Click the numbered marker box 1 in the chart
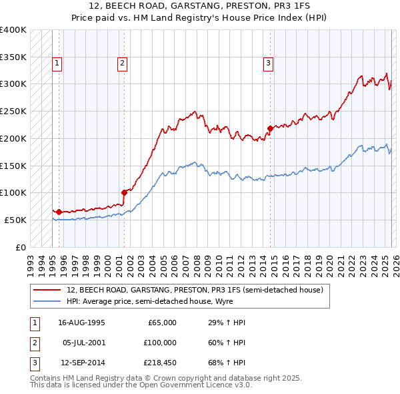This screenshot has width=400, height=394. (x=57, y=63)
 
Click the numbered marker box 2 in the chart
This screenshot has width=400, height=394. (x=123, y=63)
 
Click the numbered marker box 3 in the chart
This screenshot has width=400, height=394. (x=268, y=63)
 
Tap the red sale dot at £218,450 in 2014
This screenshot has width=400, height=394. (x=270, y=128)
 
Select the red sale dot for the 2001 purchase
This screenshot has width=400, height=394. (x=124, y=192)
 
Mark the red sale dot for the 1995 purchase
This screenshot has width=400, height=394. (x=59, y=212)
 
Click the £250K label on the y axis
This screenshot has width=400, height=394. (x=13, y=112)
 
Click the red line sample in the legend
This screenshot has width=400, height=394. (x=47, y=290)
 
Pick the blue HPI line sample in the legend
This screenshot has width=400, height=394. (x=47, y=301)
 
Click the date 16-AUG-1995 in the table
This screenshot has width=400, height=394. (x=82, y=323)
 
